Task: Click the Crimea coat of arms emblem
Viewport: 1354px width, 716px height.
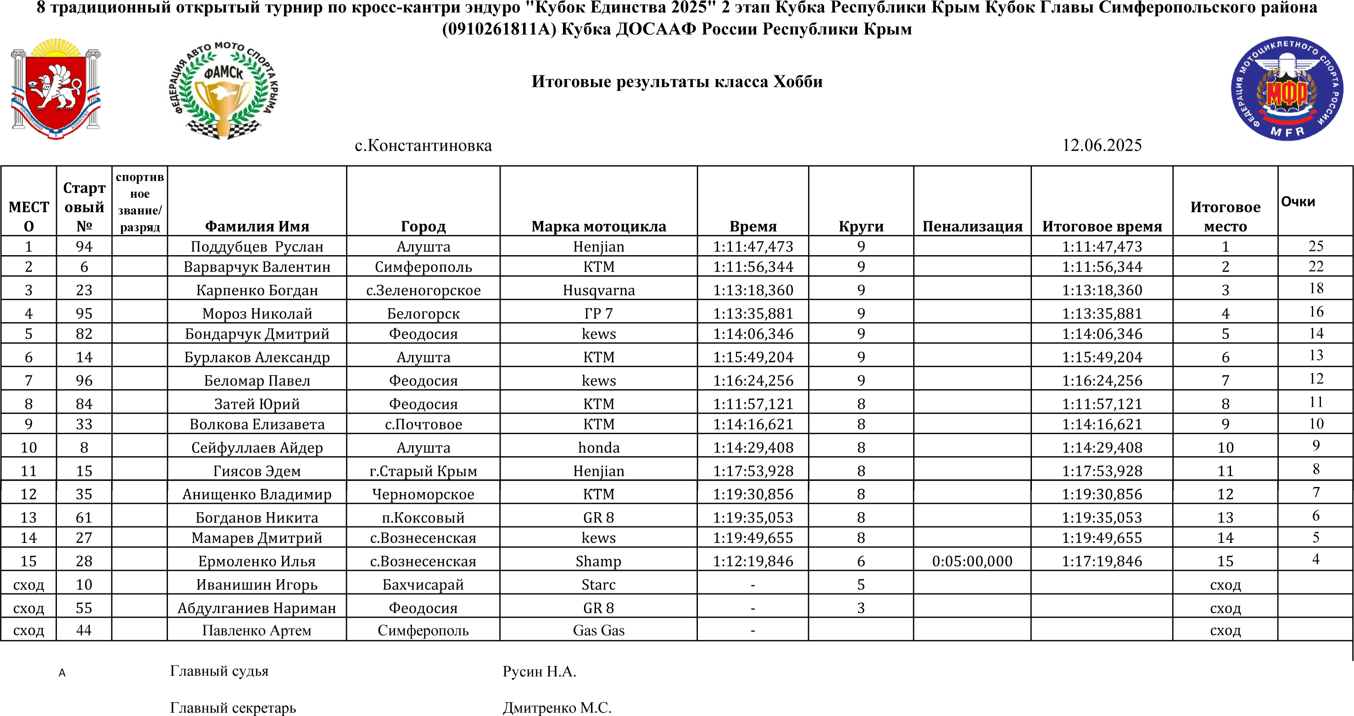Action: click(56, 88)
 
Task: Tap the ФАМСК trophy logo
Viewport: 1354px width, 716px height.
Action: click(224, 90)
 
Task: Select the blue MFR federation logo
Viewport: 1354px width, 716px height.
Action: click(1287, 88)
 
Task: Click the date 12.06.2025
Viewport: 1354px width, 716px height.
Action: click(1102, 145)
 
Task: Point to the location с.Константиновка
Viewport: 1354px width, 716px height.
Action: click(423, 145)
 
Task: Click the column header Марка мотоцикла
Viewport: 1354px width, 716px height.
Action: click(599, 226)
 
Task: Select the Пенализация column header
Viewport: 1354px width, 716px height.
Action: click(972, 226)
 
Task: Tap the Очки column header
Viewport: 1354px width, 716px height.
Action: click(1298, 201)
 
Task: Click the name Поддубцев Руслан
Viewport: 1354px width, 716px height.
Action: click(257, 246)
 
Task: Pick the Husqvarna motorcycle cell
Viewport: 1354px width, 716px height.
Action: click(599, 290)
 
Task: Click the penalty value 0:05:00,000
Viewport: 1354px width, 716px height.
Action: click(972, 561)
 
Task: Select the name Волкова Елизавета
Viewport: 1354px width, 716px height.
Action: click(257, 424)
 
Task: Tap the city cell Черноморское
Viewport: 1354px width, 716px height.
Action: click(423, 494)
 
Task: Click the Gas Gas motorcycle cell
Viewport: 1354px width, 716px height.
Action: click(599, 630)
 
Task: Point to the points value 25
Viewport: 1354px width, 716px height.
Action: click(1315, 246)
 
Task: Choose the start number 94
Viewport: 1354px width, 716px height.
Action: click(84, 246)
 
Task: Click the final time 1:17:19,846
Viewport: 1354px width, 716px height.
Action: click(1102, 561)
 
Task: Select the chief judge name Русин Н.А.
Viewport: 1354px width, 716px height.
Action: click(539, 671)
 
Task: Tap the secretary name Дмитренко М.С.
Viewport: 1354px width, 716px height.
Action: click(557, 708)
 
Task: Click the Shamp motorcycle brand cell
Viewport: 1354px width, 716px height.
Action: click(599, 561)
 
